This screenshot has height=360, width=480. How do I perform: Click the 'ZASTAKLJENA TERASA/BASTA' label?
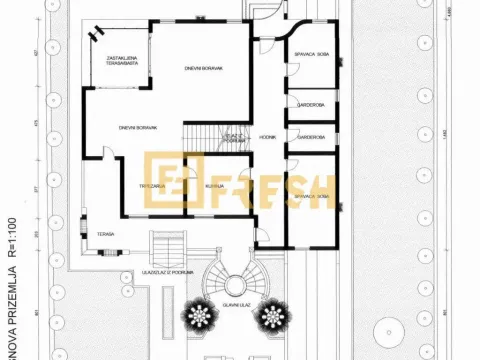tap(126, 61)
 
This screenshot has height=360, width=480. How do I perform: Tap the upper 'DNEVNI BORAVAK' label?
tap(203, 68)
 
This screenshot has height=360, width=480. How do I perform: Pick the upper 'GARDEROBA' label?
tap(310, 104)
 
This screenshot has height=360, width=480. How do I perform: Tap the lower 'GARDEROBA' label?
tap(310, 138)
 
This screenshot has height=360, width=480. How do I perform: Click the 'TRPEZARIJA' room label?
tap(152, 186)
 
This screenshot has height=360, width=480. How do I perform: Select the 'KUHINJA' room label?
tap(214, 186)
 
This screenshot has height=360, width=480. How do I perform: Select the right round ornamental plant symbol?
tap(271, 319)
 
